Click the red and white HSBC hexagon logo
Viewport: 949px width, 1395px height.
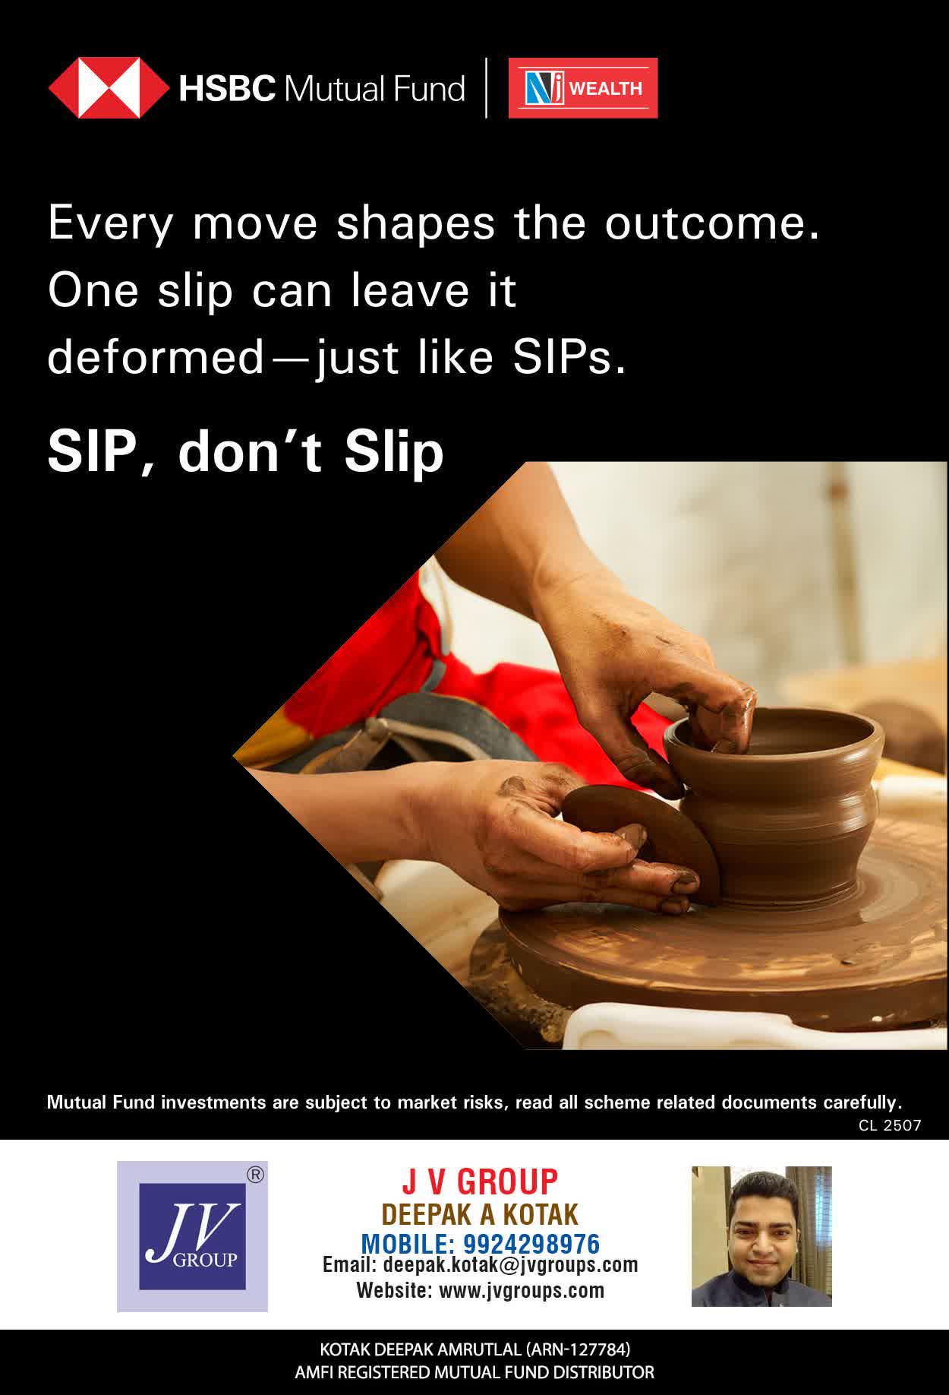(109, 88)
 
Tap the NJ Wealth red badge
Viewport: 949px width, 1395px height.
(583, 88)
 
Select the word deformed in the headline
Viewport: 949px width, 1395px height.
(156, 357)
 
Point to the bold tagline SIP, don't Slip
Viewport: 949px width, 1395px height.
(245, 452)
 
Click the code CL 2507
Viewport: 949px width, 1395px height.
(890, 1125)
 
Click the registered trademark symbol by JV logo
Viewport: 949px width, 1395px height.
(256, 1175)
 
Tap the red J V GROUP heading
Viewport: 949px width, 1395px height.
(480, 1182)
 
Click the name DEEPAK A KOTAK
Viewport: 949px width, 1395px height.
(480, 1214)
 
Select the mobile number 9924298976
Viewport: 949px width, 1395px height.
(531, 1244)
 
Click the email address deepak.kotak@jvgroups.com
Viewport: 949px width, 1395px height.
(511, 1265)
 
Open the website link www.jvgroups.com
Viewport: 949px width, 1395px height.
(522, 1290)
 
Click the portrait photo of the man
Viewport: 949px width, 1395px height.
(761, 1236)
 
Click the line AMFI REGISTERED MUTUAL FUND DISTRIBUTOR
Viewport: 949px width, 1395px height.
(474, 1373)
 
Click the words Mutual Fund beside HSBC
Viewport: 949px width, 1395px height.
(374, 89)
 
